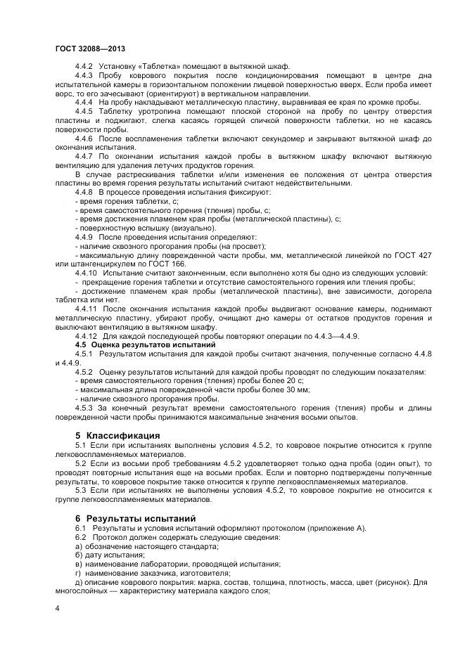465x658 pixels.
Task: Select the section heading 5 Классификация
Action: (117, 435)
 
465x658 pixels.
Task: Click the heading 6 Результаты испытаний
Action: (136, 518)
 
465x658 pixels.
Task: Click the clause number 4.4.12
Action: (86, 335)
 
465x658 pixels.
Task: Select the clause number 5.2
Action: (80, 463)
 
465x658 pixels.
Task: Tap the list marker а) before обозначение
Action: (78, 546)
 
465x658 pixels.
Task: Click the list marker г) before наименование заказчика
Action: (78, 573)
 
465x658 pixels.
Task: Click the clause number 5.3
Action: (80, 490)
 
